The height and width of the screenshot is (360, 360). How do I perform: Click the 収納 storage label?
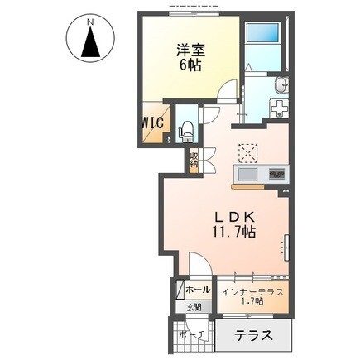(193, 159)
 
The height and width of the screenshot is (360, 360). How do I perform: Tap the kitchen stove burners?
(276, 175)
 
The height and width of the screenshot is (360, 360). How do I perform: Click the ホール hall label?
(197, 290)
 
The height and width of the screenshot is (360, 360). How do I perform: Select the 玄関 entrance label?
(193, 308)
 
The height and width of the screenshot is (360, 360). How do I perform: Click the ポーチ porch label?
(193, 334)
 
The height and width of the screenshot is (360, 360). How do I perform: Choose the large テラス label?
(252, 336)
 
